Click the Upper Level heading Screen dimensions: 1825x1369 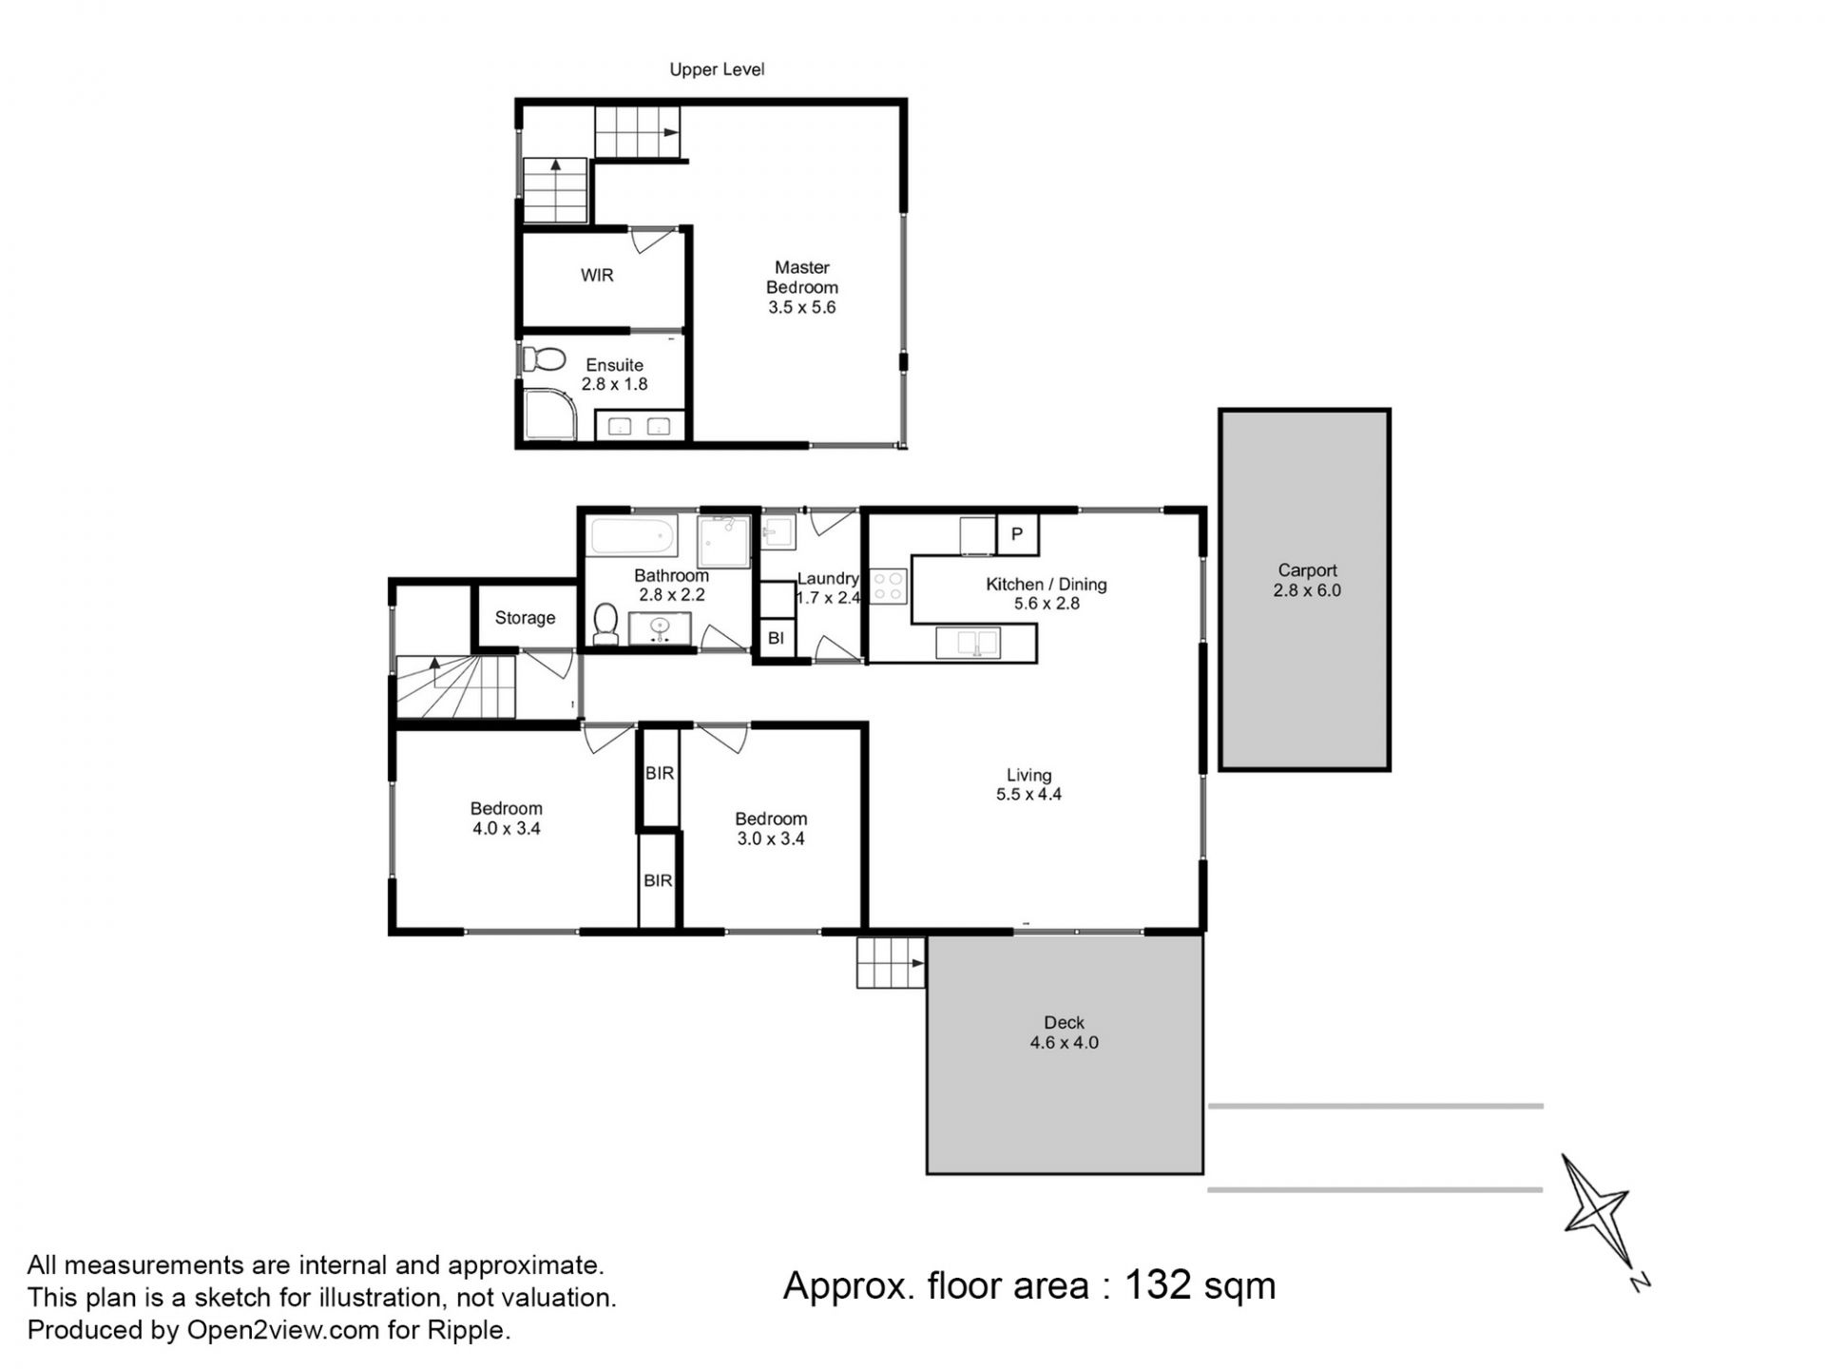click(x=717, y=69)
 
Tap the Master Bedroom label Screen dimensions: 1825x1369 click(x=802, y=278)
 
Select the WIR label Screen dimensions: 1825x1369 click(x=597, y=276)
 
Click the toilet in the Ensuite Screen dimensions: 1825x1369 click(x=544, y=359)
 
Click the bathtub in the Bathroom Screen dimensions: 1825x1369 click(x=633, y=536)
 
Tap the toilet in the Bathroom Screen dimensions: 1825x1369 click(x=605, y=624)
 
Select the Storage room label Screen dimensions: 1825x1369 click(x=525, y=618)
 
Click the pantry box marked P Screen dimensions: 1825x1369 click(x=1017, y=534)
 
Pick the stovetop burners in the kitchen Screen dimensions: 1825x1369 click(x=890, y=586)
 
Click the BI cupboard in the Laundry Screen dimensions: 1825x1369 click(x=776, y=638)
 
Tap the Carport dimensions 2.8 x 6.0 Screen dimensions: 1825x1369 click(x=1307, y=590)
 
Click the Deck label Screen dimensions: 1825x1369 click(x=1064, y=1023)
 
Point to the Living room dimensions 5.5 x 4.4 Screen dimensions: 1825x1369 click(x=1028, y=795)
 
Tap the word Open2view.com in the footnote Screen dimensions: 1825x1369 click(x=283, y=1331)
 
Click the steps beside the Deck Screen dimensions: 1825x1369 click(x=891, y=963)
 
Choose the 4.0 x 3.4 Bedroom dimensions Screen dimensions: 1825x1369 click(x=506, y=829)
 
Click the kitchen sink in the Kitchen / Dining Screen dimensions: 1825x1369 click(x=968, y=643)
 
